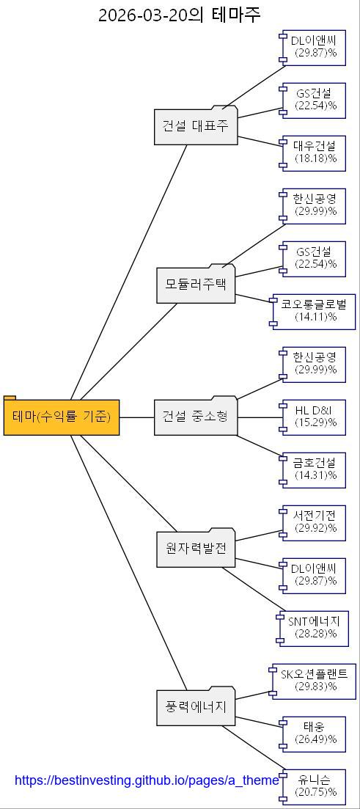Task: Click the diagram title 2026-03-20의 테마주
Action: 180,15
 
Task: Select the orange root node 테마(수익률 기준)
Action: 62,417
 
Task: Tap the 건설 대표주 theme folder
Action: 196,126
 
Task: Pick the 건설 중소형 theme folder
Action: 196,417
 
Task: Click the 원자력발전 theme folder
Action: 196,549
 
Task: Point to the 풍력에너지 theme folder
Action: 196,708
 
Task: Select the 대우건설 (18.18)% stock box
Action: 315,152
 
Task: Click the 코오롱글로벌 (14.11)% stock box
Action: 315,311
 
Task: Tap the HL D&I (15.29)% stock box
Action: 315,417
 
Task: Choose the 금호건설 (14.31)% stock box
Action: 315,469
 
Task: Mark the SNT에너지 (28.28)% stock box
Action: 314,628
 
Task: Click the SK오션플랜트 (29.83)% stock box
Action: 315,681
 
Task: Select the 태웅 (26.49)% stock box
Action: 315,733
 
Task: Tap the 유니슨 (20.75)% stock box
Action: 315,786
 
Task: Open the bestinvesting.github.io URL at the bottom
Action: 147,780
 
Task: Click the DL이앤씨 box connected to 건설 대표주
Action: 315,46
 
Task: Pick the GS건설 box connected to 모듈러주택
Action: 315,258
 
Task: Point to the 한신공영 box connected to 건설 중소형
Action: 315,364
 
